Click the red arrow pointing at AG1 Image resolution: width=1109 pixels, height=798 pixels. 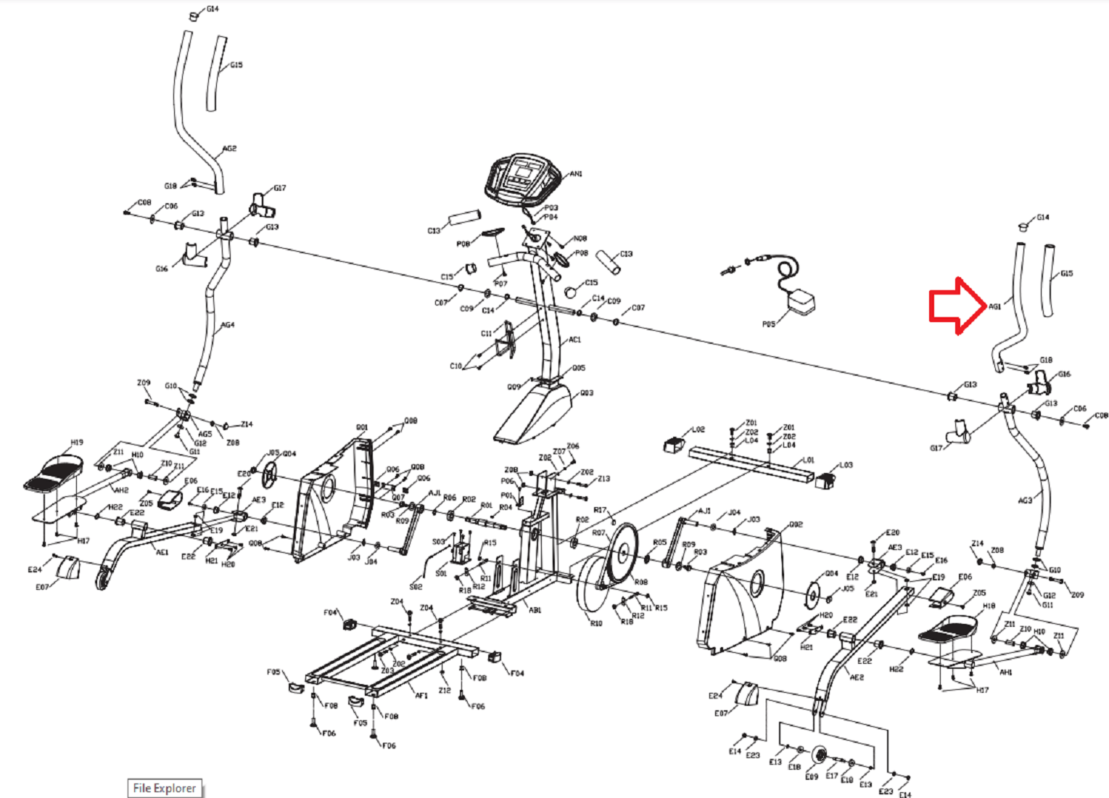(956, 305)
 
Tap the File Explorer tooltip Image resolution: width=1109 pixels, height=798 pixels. (165, 788)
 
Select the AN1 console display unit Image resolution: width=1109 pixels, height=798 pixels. (523, 176)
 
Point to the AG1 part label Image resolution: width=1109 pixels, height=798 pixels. (994, 307)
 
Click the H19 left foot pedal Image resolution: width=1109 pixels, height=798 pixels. (54, 472)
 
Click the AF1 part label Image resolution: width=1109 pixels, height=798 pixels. (421, 695)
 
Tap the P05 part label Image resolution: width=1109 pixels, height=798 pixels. (768, 324)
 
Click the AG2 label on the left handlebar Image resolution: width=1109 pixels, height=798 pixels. (229, 149)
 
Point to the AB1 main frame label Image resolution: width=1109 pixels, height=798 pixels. (535, 610)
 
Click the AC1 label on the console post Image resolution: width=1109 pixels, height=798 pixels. (574, 340)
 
